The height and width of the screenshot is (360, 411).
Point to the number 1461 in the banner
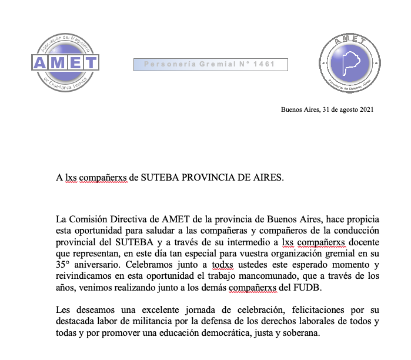264,64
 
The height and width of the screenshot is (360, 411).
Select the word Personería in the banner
168,64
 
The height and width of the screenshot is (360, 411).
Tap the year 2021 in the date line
366,109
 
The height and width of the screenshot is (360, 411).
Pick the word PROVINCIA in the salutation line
203,176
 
